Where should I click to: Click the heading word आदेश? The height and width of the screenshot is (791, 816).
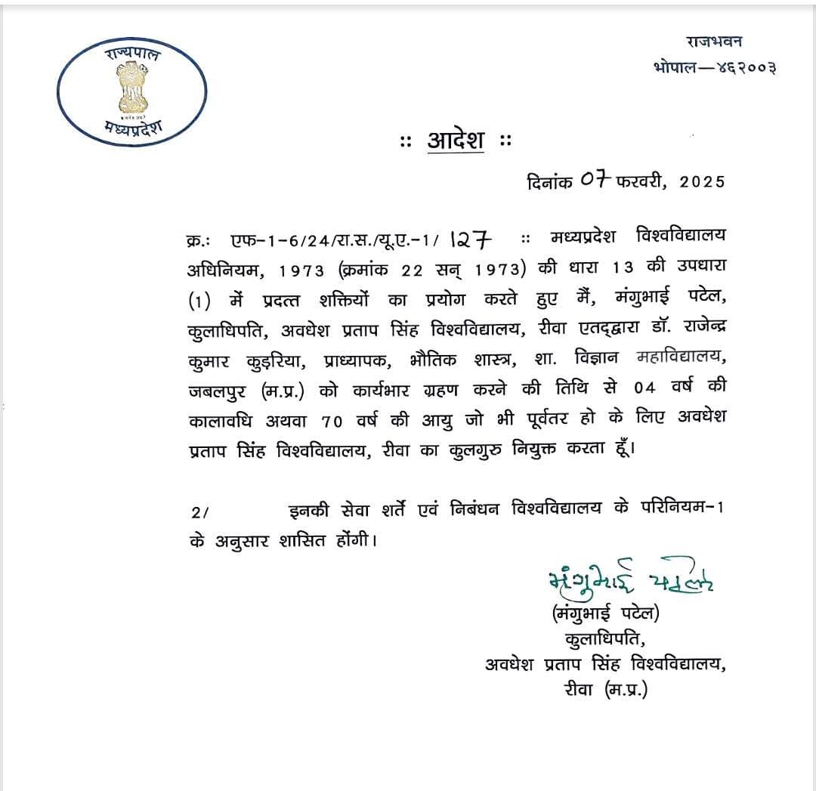pyautogui.click(x=456, y=141)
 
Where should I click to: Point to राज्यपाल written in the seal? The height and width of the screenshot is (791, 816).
pyautogui.click(x=133, y=55)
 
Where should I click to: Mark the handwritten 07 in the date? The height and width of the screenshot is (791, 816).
pyautogui.click(x=595, y=181)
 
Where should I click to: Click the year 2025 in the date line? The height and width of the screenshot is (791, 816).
pyautogui.click(x=703, y=182)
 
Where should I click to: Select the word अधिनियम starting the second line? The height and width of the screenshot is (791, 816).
pyautogui.click(x=225, y=269)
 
